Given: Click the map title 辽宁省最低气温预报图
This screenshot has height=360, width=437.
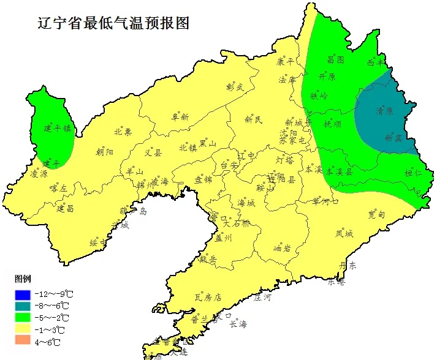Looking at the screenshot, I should tap(113, 23).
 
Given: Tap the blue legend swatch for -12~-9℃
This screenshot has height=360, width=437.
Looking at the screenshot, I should tap(23, 294).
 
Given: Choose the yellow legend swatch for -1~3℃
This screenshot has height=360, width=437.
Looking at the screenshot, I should tap(23, 329).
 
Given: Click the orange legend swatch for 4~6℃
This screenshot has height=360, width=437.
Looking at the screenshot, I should tap(23, 341).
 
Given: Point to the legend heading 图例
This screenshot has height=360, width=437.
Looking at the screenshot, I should tap(23, 279).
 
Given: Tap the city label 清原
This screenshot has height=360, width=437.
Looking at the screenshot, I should tap(384, 112).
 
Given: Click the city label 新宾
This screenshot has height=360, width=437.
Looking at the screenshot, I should tap(393, 139).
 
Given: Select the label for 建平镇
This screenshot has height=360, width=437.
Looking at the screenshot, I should tap(58, 129).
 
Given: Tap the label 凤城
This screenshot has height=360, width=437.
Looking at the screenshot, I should tap(344, 233).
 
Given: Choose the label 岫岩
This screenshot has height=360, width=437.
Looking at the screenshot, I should tap(281, 248).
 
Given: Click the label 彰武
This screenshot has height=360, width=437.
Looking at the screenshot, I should tap(235, 88).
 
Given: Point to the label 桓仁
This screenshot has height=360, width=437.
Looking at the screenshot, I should tap(414, 174).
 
